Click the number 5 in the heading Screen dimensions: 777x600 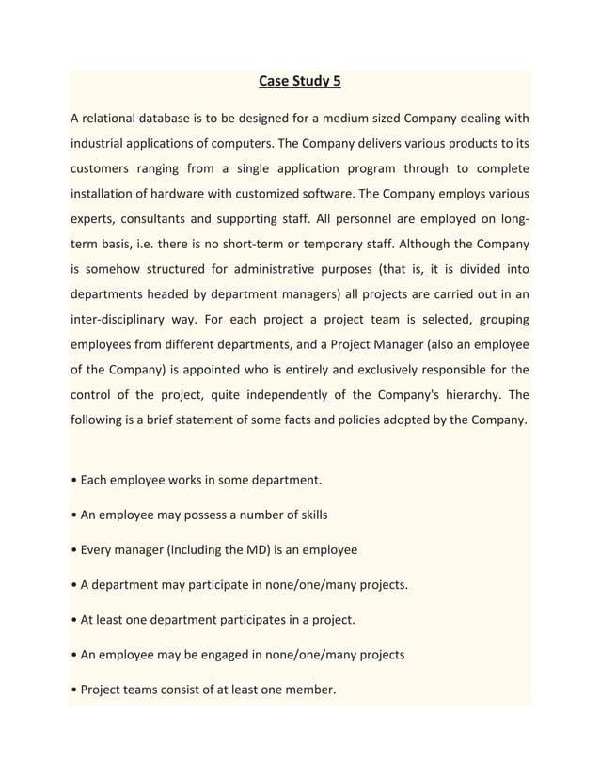point(336,81)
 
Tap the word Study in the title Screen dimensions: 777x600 point(311,81)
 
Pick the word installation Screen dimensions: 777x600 point(104,195)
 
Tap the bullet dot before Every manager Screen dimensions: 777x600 point(74,549)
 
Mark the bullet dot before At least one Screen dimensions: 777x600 point(74,620)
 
